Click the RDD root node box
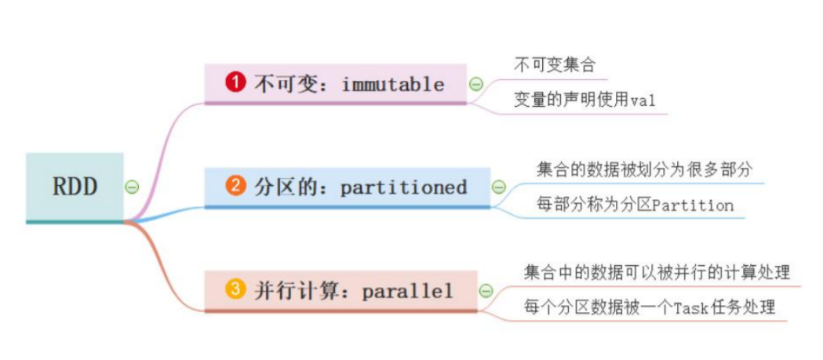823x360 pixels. point(75,187)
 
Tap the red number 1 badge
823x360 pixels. point(235,83)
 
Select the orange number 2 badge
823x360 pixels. point(235,186)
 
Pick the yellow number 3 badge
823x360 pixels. point(235,290)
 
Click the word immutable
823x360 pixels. point(393,84)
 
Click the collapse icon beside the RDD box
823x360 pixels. point(133,187)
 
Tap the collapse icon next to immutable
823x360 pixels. point(475,84)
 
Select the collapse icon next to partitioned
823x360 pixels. point(498,187)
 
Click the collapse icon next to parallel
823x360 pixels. point(486,291)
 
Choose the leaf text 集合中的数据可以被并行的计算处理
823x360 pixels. point(657,272)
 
